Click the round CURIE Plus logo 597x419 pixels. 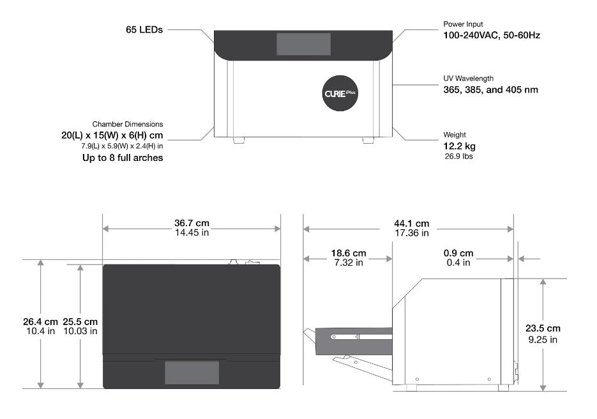click(340, 93)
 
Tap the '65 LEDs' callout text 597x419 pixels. click(144, 29)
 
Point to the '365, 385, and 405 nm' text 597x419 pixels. click(490, 89)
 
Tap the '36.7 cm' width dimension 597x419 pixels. click(192, 223)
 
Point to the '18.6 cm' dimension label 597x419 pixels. click(347, 253)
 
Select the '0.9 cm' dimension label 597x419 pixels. click(458, 253)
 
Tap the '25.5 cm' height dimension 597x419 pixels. click(80, 321)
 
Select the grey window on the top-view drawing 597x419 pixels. click(192, 372)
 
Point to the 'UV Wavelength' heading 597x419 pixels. click(469, 79)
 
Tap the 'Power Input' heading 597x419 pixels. click(463, 24)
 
